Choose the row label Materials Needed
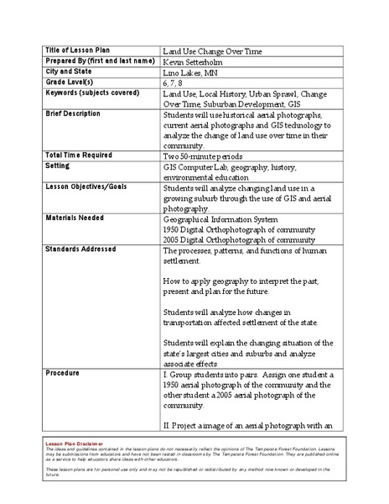(75, 218)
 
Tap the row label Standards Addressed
(80, 249)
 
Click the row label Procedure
(64, 371)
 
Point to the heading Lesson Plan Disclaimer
(76, 443)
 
